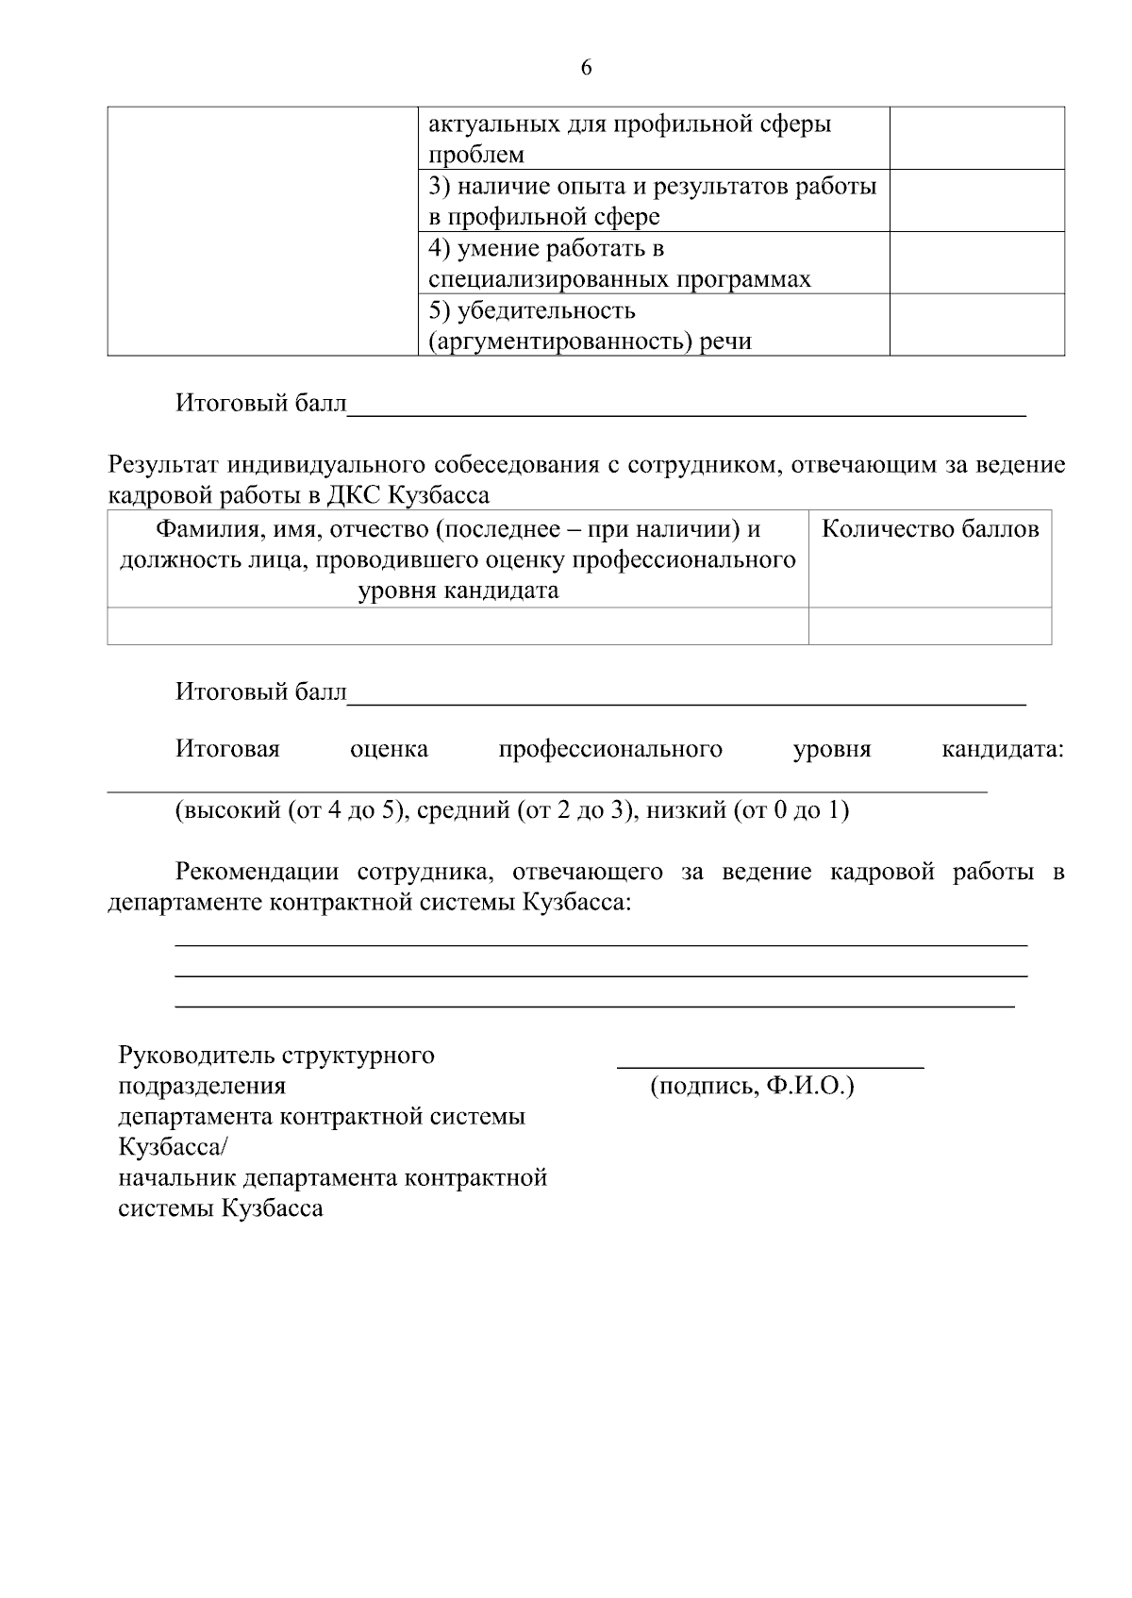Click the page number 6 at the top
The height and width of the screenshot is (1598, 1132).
[586, 68]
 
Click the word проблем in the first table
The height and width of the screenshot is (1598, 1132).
[476, 155]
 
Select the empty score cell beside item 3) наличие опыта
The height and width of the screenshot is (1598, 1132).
[976, 201]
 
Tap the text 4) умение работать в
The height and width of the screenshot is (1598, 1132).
[546, 248]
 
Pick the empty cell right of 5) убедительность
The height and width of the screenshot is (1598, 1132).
[976, 325]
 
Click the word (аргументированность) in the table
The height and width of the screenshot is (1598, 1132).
[560, 341]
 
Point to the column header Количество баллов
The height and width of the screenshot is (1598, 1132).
[930, 529]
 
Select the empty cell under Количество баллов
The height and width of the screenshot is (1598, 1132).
[930, 626]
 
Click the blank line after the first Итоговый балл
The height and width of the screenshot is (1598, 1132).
[686, 411]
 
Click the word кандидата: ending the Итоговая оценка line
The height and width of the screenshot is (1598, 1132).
[1003, 750]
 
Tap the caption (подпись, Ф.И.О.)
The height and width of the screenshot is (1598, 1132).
[752, 1086]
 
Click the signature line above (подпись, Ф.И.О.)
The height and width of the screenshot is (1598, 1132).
[770, 1066]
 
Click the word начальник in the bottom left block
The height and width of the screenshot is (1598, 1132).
[177, 1178]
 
